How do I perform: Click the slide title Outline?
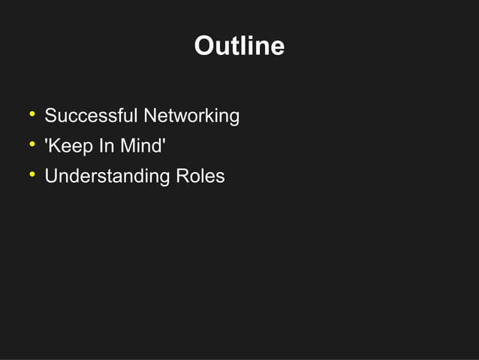click(x=239, y=47)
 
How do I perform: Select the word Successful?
click(x=91, y=116)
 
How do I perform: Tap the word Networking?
click(x=191, y=116)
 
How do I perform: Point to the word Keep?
click(x=71, y=146)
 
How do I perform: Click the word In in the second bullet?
click(x=106, y=146)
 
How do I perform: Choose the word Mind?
click(x=140, y=146)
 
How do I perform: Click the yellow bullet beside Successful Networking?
click(x=32, y=115)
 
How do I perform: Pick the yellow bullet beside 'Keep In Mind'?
click(x=32, y=144)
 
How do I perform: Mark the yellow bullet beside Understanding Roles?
click(x=32, y=175)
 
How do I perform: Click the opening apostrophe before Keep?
click(x=47, y=141)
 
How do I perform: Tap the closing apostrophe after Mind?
click(x=163, y=141)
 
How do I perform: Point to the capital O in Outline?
click(x=203, y=47)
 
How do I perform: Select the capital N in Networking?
click(x=150, y=116)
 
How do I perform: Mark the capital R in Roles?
click(x=182, y=177)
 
